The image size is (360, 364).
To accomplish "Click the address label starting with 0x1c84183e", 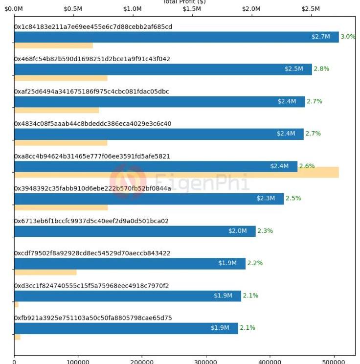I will [93, 26].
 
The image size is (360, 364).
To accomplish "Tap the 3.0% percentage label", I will [348, 37].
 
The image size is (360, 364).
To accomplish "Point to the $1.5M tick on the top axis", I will [192, 9].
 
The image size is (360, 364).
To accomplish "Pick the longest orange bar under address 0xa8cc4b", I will [176, 172].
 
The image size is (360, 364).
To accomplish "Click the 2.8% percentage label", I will [321, 69].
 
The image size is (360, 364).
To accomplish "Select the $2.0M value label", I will [237, 231].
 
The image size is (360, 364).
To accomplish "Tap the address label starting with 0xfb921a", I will [93, 318].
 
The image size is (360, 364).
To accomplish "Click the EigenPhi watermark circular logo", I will [128, 179].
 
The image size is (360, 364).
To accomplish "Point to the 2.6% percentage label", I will [307, 166].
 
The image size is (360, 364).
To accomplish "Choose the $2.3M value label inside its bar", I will [266, 199].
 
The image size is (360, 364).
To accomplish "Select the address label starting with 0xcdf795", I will [92, 253].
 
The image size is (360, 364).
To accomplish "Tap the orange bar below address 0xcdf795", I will [45, 272].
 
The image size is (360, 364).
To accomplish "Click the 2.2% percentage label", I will [255, 263].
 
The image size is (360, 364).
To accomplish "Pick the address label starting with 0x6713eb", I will [91, 221].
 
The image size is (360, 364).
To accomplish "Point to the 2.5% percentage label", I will [293, 199].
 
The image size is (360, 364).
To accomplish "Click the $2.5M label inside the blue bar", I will [294, 69].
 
